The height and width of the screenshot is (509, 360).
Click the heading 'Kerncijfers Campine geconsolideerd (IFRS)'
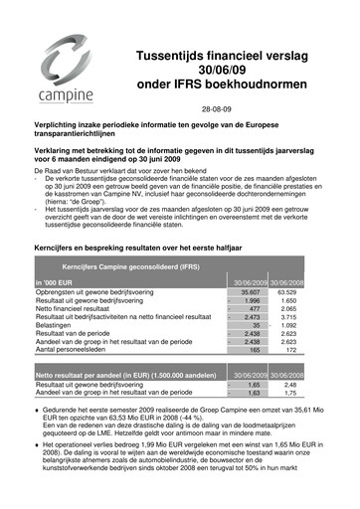[x=125, y=239]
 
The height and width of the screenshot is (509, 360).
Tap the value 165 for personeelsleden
[x=255, y=322]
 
